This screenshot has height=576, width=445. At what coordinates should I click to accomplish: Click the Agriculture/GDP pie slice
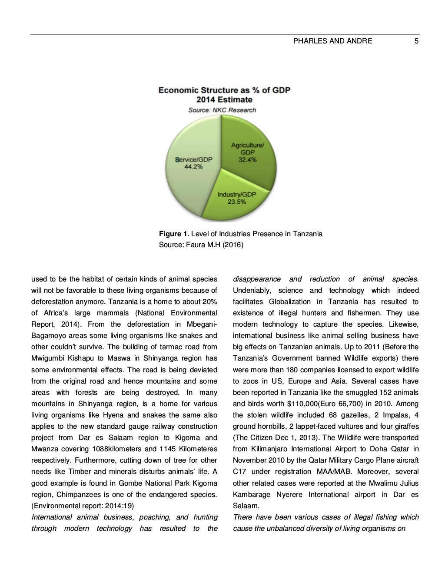click(252, 143)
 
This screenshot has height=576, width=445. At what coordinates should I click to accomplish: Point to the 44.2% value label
click(193, 166)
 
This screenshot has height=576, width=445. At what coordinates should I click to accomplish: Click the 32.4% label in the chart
click(247, 159)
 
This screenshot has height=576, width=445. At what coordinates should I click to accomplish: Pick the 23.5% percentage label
click(237, 202)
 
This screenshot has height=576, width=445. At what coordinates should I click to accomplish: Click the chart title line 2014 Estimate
click(224, 100)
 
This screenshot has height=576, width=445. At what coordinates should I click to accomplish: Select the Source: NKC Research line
click(222, 110)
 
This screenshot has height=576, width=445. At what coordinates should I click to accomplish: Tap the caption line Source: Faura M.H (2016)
click(201, 245)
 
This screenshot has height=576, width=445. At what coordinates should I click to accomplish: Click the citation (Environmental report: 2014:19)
click(83, 506)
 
